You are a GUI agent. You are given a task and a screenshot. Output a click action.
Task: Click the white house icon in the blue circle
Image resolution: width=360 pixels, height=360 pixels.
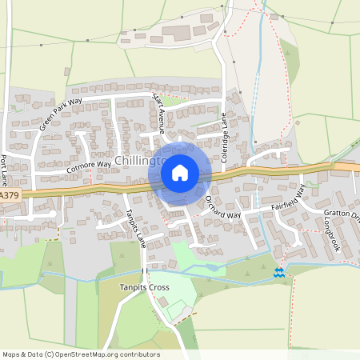click(x=180, y=171)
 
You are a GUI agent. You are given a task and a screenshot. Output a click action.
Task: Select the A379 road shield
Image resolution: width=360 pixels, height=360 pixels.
click(x=9, y=195)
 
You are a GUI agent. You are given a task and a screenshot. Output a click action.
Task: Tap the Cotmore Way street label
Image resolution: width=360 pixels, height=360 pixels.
click(x=86, y=169)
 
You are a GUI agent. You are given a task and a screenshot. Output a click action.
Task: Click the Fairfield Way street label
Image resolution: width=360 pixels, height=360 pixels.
click(x=289, y=199)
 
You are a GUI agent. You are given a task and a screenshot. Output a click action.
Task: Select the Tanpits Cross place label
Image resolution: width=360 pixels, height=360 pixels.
click(x=144, y=287)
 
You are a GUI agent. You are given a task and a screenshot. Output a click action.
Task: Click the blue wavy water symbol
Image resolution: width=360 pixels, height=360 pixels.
click(x=278, y=273)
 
